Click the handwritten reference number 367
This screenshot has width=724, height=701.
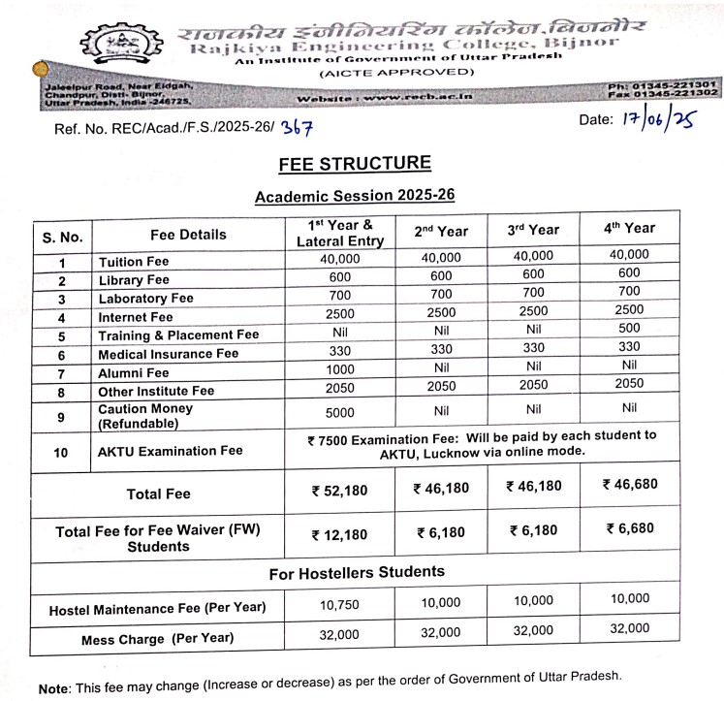click(298, 127)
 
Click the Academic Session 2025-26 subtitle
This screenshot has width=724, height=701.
click(354, 196)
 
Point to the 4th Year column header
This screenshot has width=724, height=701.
click(630, 229)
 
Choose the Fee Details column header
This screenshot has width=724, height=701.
click(188, 235)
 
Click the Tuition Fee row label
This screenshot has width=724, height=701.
click(134, 262)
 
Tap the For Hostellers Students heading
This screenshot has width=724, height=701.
click(357, 572)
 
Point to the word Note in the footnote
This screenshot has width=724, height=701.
click(53, 688)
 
